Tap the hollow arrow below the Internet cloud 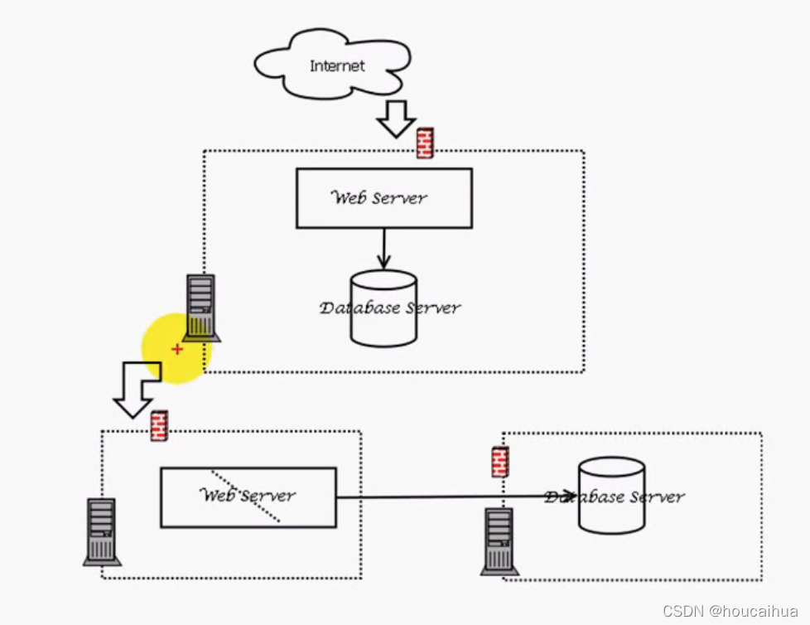click(396, 119)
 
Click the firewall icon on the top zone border click(425, 143)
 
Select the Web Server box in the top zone click(383, 198)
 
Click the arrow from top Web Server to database click(383, 248)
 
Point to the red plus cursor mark click(177, 350)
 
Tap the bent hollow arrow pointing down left click(134, 390)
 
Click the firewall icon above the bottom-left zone click(159, 425)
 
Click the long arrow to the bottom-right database click(456, 497)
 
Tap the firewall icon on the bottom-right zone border click(499, 462)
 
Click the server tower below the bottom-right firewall click(499, 540)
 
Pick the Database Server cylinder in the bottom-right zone click(611, 495)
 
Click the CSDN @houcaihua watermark click(730, 610)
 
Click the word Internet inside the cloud click(337, 65)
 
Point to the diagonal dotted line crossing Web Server click(246, 495)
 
